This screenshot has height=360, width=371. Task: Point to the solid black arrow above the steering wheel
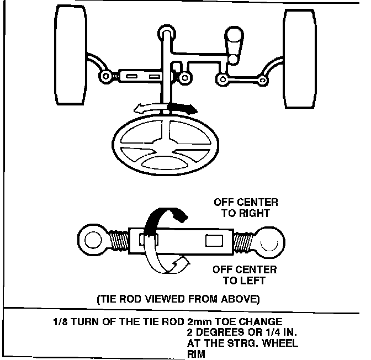point(182,107)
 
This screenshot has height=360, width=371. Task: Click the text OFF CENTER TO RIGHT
point(245,207)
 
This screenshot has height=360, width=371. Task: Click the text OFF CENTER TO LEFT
point(245,275)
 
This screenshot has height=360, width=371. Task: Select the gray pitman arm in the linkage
point(234,44)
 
